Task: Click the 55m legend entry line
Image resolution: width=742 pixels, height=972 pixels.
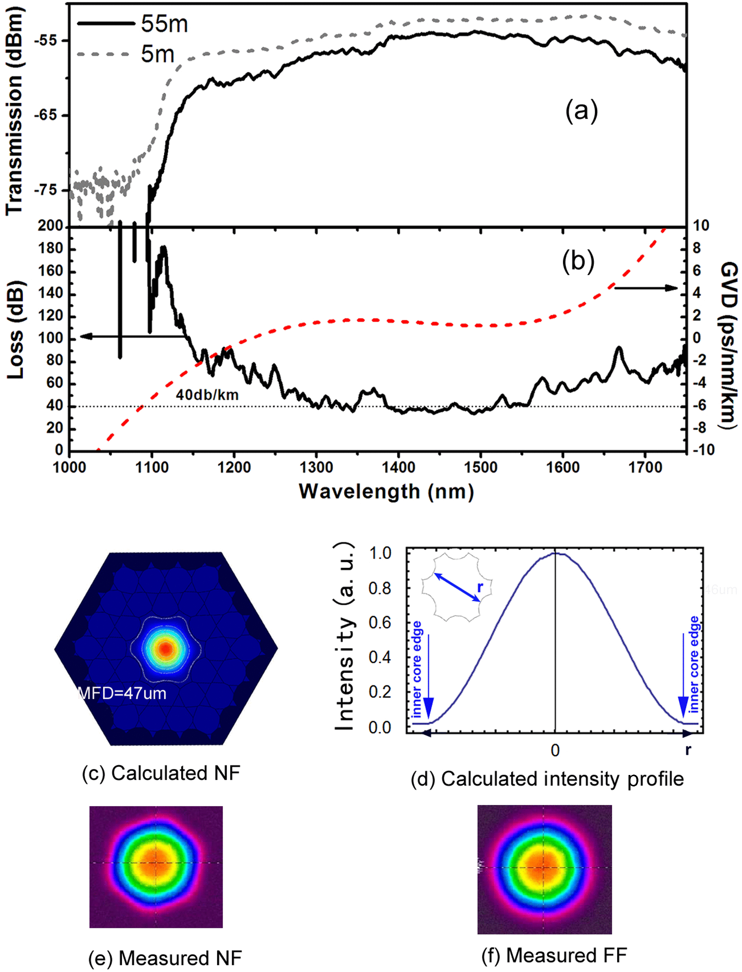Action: point(106,23)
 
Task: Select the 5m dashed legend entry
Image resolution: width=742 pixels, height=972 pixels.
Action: point(104,54)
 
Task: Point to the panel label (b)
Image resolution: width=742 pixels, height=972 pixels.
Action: point(578,262)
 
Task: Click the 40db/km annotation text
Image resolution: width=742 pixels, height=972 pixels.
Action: point(207,395)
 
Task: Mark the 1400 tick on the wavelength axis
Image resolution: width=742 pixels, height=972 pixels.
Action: point(398,467)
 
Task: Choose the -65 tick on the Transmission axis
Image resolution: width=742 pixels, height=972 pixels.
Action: point(45,115)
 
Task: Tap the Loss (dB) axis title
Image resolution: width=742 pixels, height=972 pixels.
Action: point(15,329)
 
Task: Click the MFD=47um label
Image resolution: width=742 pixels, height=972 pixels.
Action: point(122,693)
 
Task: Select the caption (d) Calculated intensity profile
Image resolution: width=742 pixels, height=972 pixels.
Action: point(547,779)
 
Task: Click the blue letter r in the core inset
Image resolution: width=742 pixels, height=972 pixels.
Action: point(480,587)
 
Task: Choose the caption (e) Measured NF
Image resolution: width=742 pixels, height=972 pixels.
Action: point(165,958)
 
